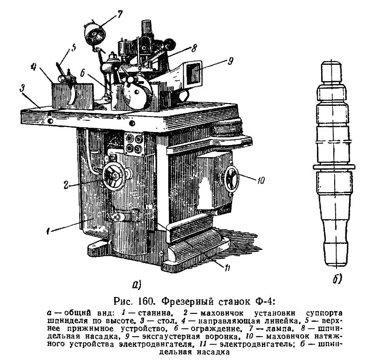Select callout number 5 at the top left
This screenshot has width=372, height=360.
pyautogui.click(x=73, y=48)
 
